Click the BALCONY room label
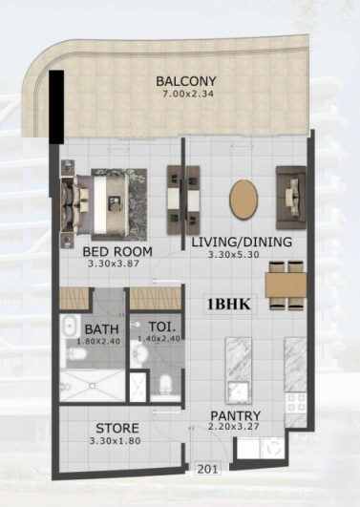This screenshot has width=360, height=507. point(186,81)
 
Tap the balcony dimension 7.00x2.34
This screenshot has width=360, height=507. point(187,95)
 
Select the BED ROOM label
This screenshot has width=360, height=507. point(117,251)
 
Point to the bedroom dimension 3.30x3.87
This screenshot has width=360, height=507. point(114,264)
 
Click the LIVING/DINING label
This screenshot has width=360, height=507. point(242,242)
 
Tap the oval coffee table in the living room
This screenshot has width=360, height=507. point(244,200)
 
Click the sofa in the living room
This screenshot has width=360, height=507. point(291,198)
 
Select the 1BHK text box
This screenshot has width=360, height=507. point(229,304)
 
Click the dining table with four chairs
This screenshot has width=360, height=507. point(286,285)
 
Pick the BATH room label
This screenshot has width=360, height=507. point(101,329)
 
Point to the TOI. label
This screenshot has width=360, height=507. point(161,327)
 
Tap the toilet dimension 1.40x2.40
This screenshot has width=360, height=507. point(159,339)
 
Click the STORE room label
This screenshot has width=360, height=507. point(117,428)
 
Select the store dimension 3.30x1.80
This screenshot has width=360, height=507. point(116,441)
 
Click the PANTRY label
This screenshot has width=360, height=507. point(236,416)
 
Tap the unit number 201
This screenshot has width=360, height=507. point(207,469)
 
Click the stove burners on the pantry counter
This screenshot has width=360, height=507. point(296,403)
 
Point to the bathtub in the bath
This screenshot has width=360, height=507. point(71,327)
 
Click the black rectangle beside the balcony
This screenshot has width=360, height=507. point(56,107)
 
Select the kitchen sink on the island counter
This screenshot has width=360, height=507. point(239,391)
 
